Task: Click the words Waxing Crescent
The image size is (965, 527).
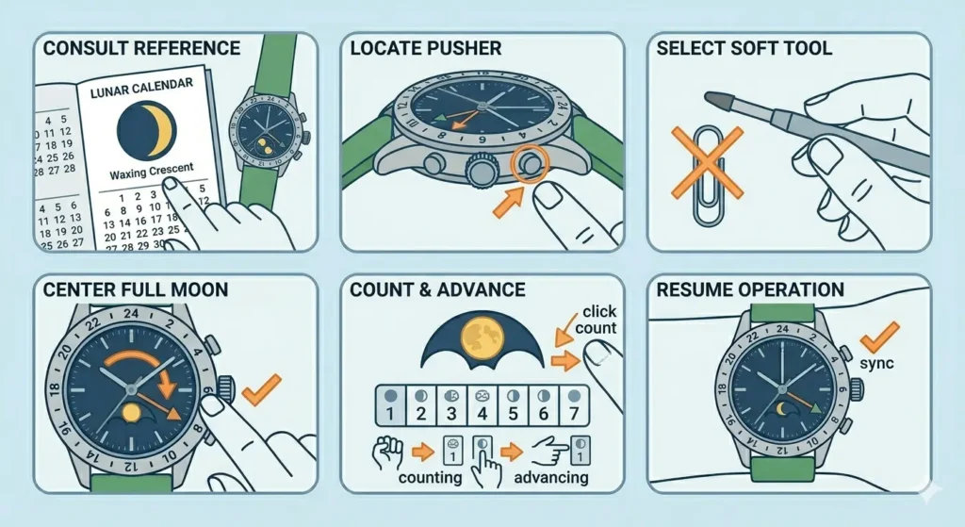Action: (151, 171)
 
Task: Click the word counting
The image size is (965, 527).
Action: (430, 476)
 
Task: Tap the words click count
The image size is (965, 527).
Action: (598, 320)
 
